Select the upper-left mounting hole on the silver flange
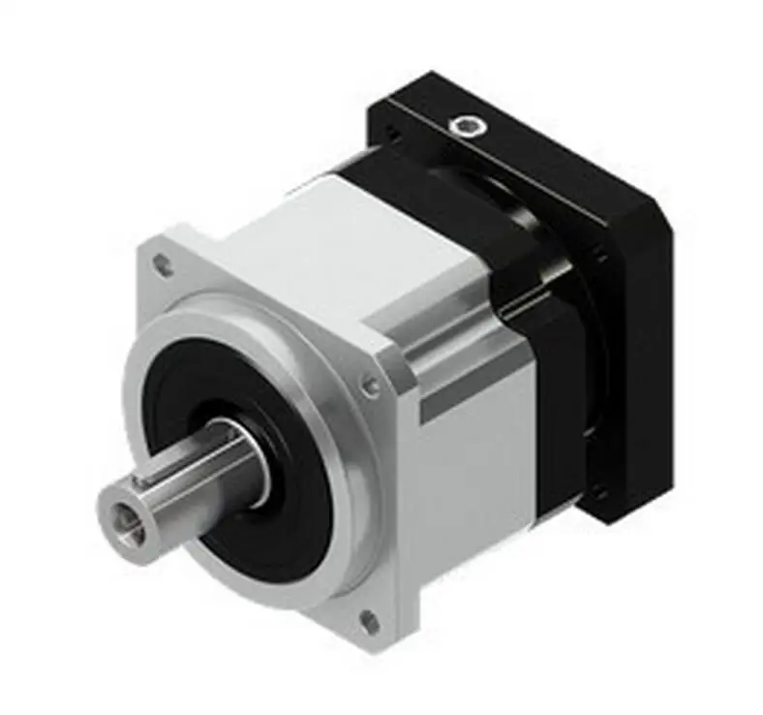[x=163, y=264]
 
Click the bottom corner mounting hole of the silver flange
[x=367, y=620]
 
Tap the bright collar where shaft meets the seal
[x=254, y=463]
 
